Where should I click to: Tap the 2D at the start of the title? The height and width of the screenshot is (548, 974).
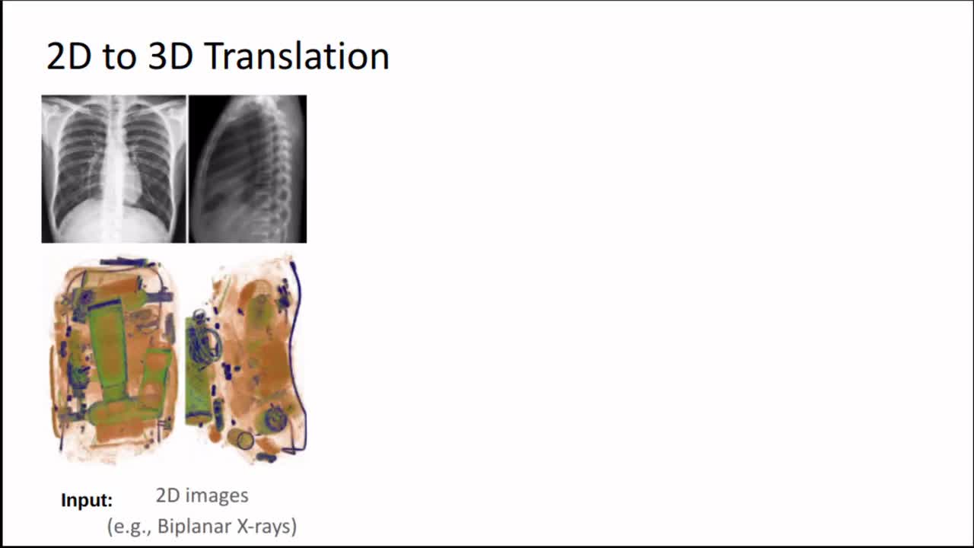(x=68, y=56)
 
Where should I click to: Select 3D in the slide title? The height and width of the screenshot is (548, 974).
(x=170, y=56)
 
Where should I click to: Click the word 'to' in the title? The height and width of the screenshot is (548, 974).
(x=119, y=57)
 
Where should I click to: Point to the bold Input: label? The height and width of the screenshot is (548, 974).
(x=87, y=500)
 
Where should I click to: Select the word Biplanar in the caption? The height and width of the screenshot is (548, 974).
(x=194, y=526)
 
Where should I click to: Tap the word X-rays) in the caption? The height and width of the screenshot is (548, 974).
(x=267, y=526)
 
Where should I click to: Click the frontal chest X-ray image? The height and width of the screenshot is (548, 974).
(x=114, y=169)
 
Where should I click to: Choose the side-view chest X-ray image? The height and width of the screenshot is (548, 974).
(x=247, y=169)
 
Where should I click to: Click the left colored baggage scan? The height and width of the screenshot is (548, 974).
(x=115, y=361)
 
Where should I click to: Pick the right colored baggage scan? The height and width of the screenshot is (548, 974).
(x=247, y=361)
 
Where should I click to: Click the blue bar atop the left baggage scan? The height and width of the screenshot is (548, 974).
(x=124, y=263)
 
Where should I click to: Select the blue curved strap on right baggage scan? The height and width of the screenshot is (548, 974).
(x=299, y=357)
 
